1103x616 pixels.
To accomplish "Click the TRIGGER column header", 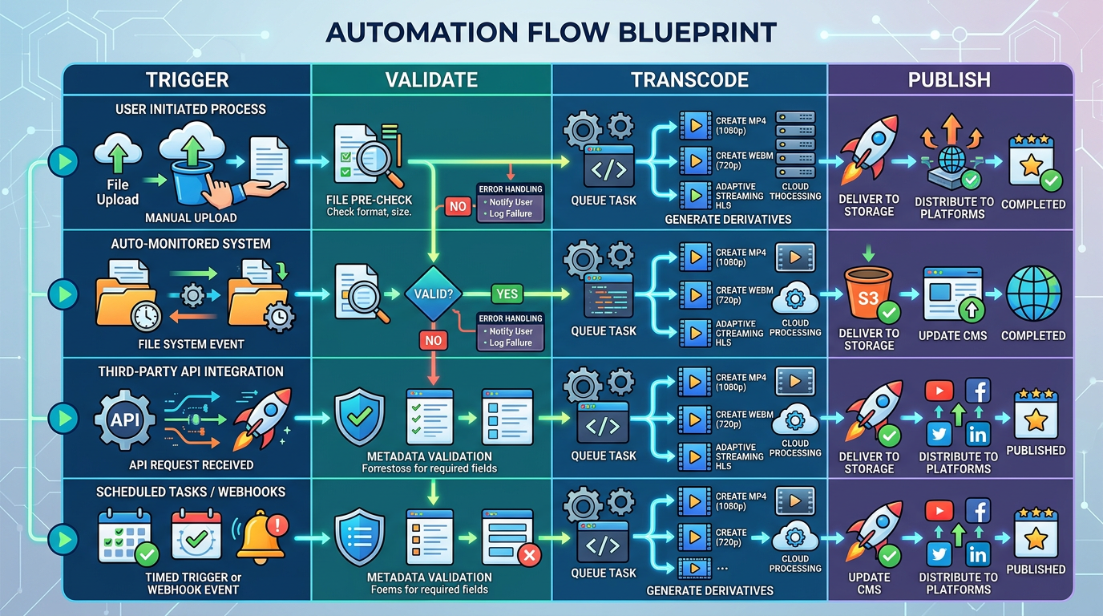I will coord(187,80).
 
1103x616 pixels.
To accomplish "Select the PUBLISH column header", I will coord(949,80).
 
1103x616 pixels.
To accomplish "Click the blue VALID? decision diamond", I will coord(433,294).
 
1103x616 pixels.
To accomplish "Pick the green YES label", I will coord(507,294).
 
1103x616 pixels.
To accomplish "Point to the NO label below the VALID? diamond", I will coord(433,340).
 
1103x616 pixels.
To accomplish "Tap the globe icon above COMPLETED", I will coord(1033,294).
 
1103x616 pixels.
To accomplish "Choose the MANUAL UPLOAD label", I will coord(190,218).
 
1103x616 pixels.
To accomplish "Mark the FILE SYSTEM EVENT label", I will coord(190,344).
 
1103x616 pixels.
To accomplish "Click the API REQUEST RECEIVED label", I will coord(191,465).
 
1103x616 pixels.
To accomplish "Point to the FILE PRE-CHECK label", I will coord(369,200).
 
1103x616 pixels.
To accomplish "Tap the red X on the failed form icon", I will coord(529,554).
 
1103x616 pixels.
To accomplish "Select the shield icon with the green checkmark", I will coord(358,417).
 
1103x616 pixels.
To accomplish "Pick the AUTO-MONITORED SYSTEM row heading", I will coord(191,244).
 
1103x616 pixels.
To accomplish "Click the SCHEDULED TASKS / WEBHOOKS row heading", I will coord(191,492).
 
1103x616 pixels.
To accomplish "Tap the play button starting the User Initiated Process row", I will coord(61,162).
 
